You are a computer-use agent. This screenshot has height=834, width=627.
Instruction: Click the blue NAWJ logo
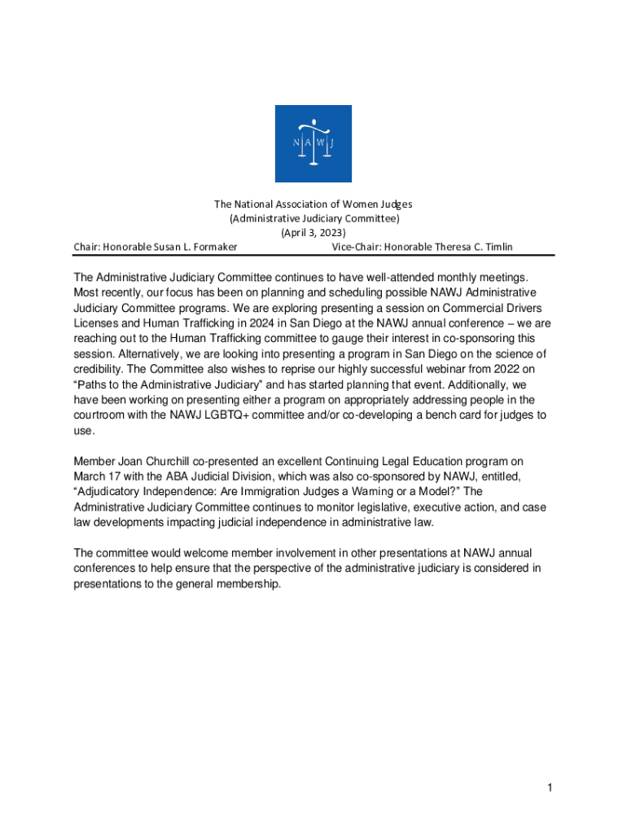tap(313, 143)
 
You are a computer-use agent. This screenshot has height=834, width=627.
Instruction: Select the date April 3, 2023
tap(313, 232)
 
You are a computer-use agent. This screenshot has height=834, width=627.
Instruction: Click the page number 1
tap(550, 788)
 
